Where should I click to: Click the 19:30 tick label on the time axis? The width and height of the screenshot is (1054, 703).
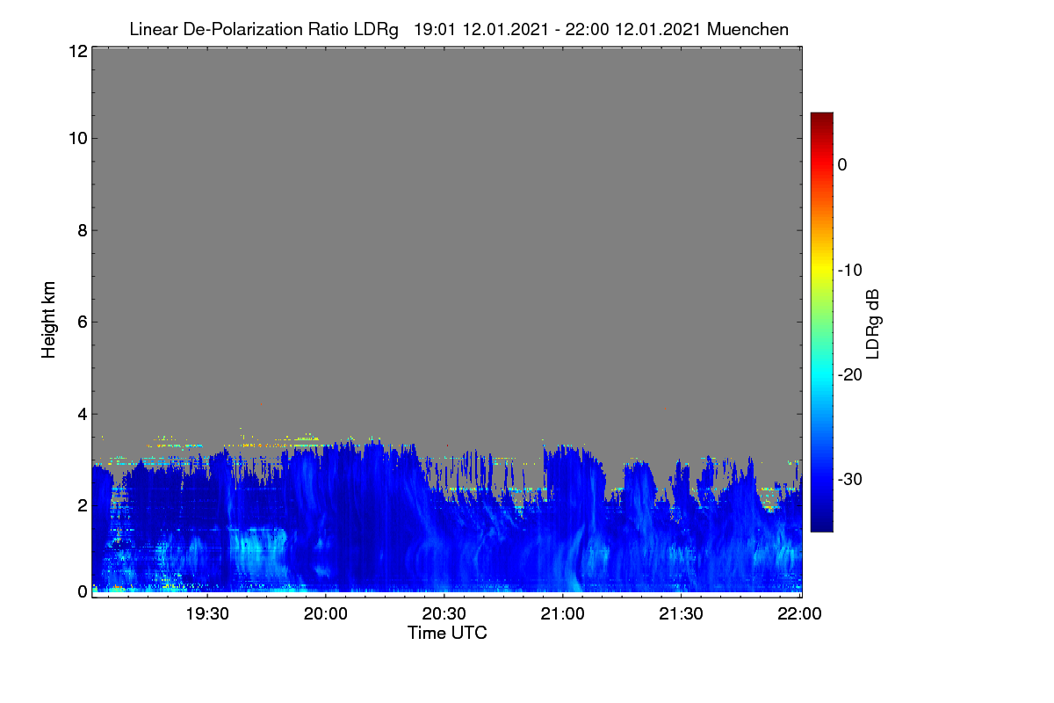pyautogui.click(x=207, y=613)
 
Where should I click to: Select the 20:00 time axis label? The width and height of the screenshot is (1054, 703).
pyautogui.click(x=326, y=613)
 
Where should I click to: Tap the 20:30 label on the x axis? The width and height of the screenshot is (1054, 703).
pyautogui.click(x=444, y=613)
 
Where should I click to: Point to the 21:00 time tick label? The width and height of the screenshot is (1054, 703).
pyautogui.click(x=562, y=613)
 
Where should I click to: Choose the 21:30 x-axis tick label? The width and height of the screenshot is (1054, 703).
pyautogui.click(x=681, y=613)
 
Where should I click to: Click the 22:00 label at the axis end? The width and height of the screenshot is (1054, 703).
pyautogui.click(x=799, y=613)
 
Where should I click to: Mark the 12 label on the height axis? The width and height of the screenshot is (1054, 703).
pyautogui.click(x=78, y=51)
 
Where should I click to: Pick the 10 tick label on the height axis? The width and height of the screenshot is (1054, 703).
pyautogui.click(x=78, y=139)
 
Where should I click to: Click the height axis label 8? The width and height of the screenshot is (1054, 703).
pyautogui.click(x=83, y=230)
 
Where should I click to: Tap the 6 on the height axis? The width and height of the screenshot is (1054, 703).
pyautogui.click(x=83, y=323)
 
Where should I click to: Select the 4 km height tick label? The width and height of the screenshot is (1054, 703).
pyautogui.click(x=83, y=414)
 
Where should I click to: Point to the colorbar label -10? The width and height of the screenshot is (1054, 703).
pyautogui.click(x=850, y=271)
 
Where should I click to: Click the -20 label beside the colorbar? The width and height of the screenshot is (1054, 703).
pyautogui.click(x=850, y=375)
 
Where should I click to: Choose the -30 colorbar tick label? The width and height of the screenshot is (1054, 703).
pyautogui.click(x=850, y=479)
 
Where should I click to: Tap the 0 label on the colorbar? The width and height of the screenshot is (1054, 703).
pyautogui.click(x=842, y=165)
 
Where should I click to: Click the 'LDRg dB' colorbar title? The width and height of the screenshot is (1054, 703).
pyautogui.click(x=872, y=324)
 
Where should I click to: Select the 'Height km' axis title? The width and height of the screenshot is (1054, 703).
pyautogui.click(x=48, y=320)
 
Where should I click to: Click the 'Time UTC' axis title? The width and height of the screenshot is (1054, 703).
pyautogui.click(x=447, y=633)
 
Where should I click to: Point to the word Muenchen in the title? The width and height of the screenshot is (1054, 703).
pyautogui.click(x=747, y=30)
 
